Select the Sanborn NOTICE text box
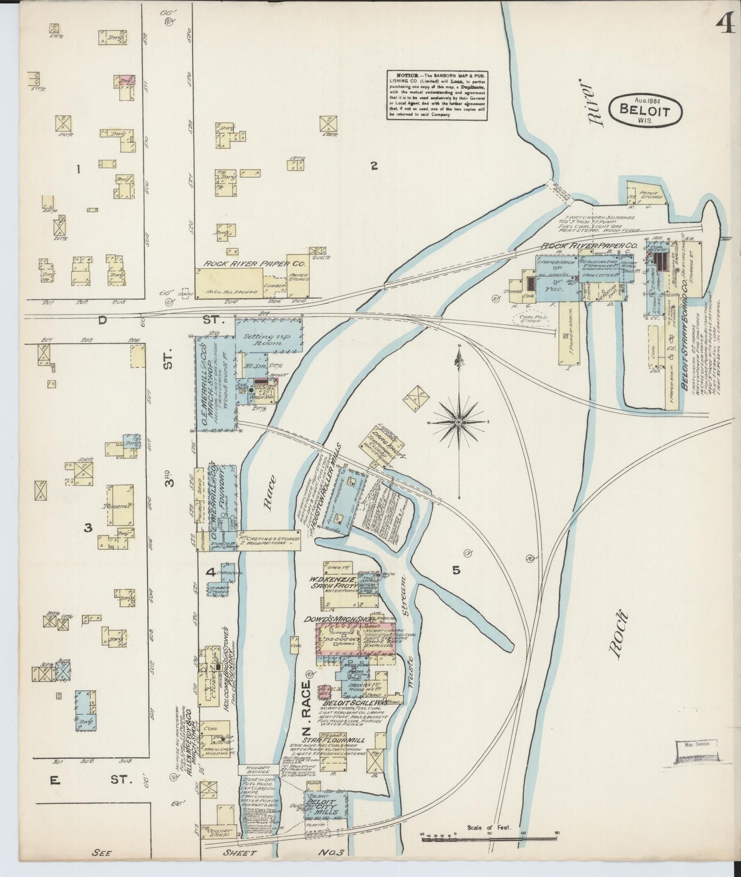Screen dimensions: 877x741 point(436,95)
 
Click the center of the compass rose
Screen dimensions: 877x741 point(458,422)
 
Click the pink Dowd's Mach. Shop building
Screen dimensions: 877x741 point(355,639)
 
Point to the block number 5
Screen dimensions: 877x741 point(456,570)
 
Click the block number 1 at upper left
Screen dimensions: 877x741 point(78,169)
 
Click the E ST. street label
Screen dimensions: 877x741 point(92,780)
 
